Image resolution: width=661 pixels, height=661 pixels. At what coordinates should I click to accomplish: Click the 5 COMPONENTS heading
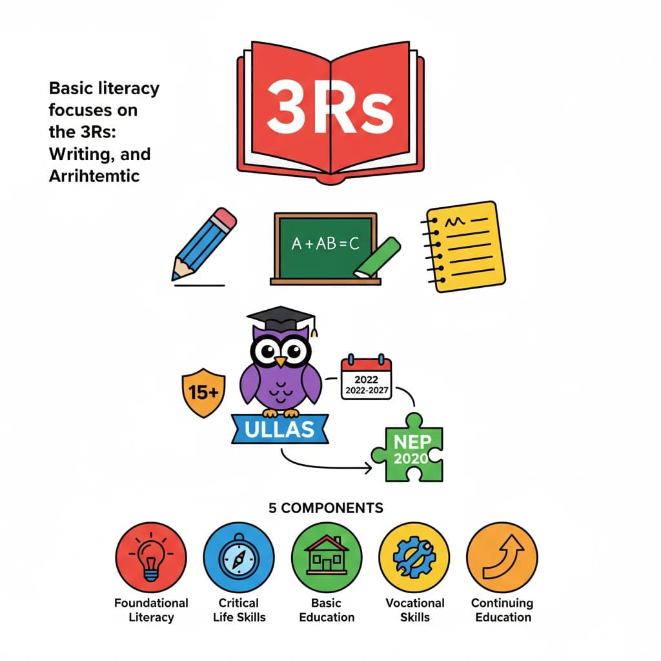coord(325,508)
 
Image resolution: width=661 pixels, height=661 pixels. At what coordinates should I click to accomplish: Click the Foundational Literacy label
coord(151,610)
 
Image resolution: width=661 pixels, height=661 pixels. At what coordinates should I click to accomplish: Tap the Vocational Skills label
coord(415,610)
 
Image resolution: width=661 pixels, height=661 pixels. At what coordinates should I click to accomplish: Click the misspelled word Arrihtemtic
coord(94,176)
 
